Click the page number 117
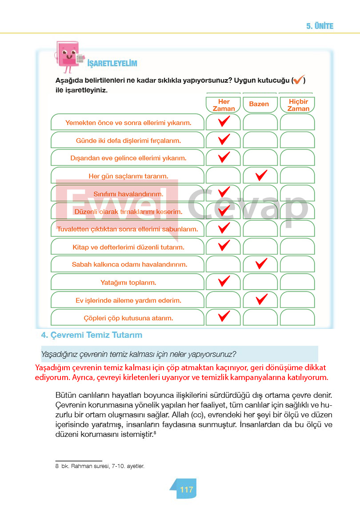[x=187, y=489]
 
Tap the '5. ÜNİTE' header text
[x=320, y=26]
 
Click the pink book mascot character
[x=68, y=56]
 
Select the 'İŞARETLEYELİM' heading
[x=112, y=64]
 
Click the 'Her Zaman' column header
[x=224, y=105]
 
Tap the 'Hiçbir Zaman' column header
[x=298, y=105]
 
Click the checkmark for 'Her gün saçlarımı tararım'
[x=260, y=175]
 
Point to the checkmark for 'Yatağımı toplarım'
[x=224, y=281]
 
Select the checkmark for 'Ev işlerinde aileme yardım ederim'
[x=260, y=299]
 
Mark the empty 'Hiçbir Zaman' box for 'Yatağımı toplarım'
[x=297, y=282]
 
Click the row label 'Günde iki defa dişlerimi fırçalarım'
[x=128, y=140]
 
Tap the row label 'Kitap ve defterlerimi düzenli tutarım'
[x=128, y=247]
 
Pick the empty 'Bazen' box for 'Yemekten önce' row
[x=260, y=122]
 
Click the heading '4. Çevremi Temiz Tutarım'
[x=92, y=335]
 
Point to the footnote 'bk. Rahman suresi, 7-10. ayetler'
[x=102, y=466]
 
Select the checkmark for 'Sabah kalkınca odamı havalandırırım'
[x=260, y=264]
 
